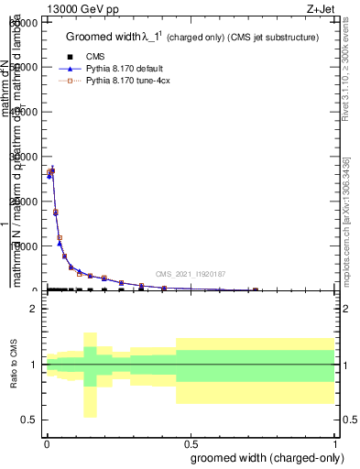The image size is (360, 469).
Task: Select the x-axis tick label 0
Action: coord(47,442)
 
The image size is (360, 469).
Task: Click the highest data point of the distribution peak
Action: coord(52,169)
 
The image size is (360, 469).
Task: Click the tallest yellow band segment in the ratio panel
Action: coord(90,375)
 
